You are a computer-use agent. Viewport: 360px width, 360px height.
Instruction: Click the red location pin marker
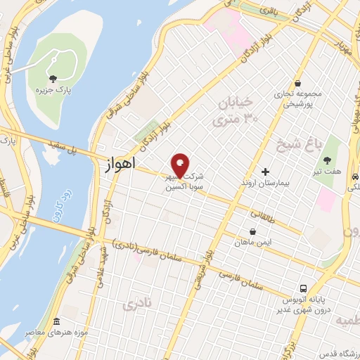[x=180, y=165]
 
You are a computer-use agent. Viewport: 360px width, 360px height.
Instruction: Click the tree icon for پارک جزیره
[x=53, y=78]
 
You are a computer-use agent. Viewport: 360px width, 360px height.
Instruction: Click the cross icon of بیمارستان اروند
[x=265, y=172]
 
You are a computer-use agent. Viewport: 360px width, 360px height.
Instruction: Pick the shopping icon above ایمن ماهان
[x=252, y=231]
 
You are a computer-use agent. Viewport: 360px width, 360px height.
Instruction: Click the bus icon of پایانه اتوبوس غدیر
[x=303, y=288]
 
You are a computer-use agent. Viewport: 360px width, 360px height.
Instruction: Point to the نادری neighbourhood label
[x=136, y=304]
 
